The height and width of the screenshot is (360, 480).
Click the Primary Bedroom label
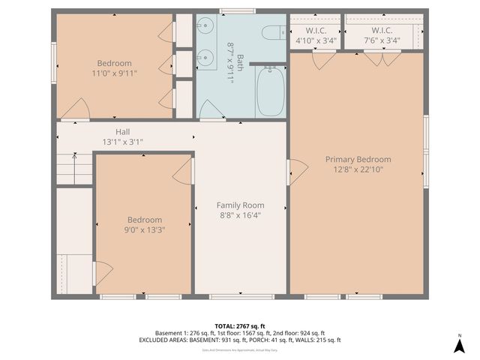[x=358, y=159]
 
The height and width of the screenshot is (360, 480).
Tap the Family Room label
[x=240, y=205]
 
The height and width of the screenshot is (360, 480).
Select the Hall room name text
[x=122, y=132]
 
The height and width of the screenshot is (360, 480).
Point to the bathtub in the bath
[x=270, y=91]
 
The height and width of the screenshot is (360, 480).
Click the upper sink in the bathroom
[x=204, y=31]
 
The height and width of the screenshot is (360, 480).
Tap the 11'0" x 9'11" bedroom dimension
[x=114, y=73]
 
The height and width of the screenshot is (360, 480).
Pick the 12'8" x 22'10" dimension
[x=358, y=169]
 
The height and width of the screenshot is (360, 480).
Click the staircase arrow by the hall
[x=74, y=157]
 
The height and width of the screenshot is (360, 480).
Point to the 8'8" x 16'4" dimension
[x=240, y=214]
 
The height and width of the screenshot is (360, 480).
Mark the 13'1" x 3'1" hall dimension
[x=122, y=142]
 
